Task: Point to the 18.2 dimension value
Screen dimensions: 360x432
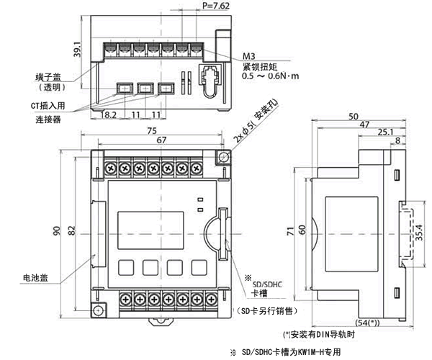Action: pos(110,114)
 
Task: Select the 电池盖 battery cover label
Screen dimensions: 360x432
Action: pos(36,276)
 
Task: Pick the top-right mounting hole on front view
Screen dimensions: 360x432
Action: pos(223,157)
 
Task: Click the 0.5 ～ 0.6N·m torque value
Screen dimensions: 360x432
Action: pos(271,75)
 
